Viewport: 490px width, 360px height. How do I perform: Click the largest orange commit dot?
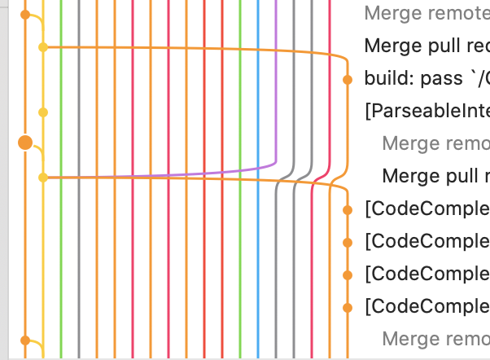tap(25, 143)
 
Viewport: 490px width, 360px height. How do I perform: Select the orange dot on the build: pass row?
tap(348, 79)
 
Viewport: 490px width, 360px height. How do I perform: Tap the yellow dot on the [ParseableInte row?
tap(43, 112)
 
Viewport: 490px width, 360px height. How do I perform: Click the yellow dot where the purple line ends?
tap(43, 177)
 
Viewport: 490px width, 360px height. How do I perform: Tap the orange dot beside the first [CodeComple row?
tap(348, 209)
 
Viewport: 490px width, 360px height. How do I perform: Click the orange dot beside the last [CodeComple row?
tap(348, 307)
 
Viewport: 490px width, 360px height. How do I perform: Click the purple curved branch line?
tap(276, 122)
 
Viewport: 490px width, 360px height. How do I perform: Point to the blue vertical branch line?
tap(258, 244)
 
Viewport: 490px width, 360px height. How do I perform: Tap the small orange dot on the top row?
tap(25, 15)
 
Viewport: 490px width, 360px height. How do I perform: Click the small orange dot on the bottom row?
tap(25, 339)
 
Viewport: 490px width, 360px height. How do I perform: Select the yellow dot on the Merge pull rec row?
tap(43, 47)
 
